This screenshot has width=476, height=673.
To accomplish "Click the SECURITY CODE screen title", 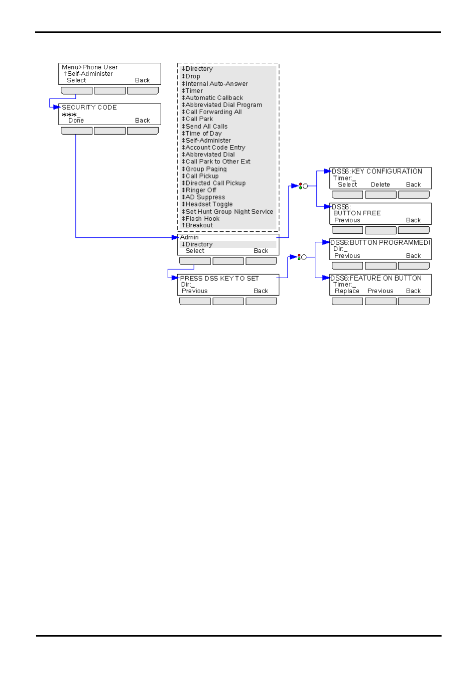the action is pos(89,107).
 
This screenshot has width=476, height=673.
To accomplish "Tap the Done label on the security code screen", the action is pos(76,121).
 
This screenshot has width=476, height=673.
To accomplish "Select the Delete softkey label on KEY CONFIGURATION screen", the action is pos(380,184).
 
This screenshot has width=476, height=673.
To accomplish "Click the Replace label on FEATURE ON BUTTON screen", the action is pos(347,291).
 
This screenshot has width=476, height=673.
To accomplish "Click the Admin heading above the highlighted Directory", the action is pos(189,237).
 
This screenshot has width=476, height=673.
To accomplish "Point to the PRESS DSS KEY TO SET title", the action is pos(220,279).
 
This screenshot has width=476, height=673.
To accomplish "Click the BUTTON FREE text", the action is pos(357,213).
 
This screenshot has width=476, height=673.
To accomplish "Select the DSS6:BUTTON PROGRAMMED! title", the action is pos(380,242).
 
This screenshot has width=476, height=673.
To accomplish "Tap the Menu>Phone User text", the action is pos(90,67).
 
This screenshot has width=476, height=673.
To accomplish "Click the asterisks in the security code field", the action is pos(69,115).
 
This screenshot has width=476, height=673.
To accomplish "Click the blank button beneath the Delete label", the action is pos(380,195).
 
